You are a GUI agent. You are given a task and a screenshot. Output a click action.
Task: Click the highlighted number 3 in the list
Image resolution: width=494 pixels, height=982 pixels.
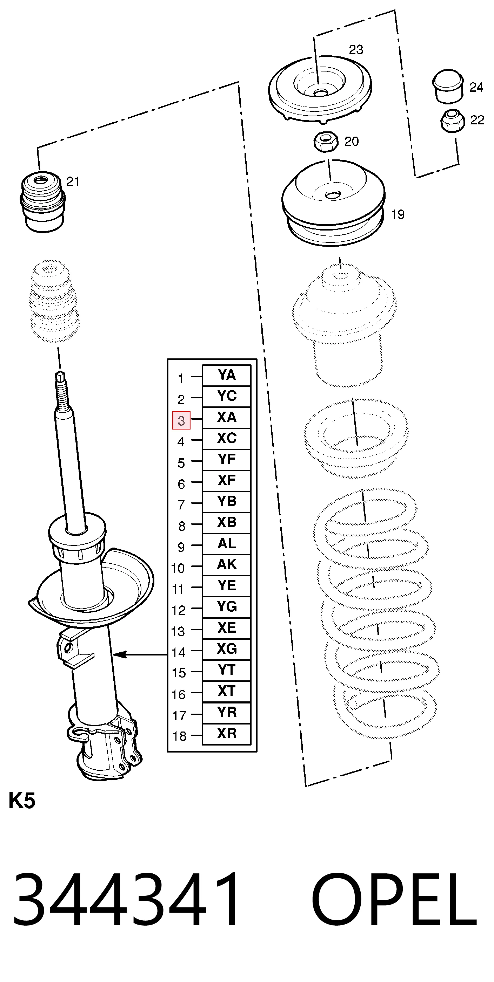[x=181, y=420]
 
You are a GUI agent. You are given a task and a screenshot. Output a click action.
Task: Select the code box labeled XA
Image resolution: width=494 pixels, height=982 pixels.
[x=226, y=417]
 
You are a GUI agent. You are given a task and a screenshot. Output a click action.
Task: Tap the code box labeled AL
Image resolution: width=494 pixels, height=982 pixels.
[x=226, y=544]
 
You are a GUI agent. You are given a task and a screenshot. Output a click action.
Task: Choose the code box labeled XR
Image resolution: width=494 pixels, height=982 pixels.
[x=226, y=733]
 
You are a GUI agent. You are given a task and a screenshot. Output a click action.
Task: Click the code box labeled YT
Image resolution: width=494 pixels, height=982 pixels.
[x=226, y=670]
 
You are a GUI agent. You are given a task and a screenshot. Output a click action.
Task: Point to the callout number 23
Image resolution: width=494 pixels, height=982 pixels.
[x=356, y=49]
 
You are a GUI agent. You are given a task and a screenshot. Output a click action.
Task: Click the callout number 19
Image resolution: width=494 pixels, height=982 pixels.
[x=398, y=214]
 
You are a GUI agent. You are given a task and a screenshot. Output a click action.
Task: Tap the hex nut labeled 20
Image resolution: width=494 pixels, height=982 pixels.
[x=325, y=142]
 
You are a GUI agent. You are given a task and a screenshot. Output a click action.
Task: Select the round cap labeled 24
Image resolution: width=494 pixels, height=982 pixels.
[x=447, y=86]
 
